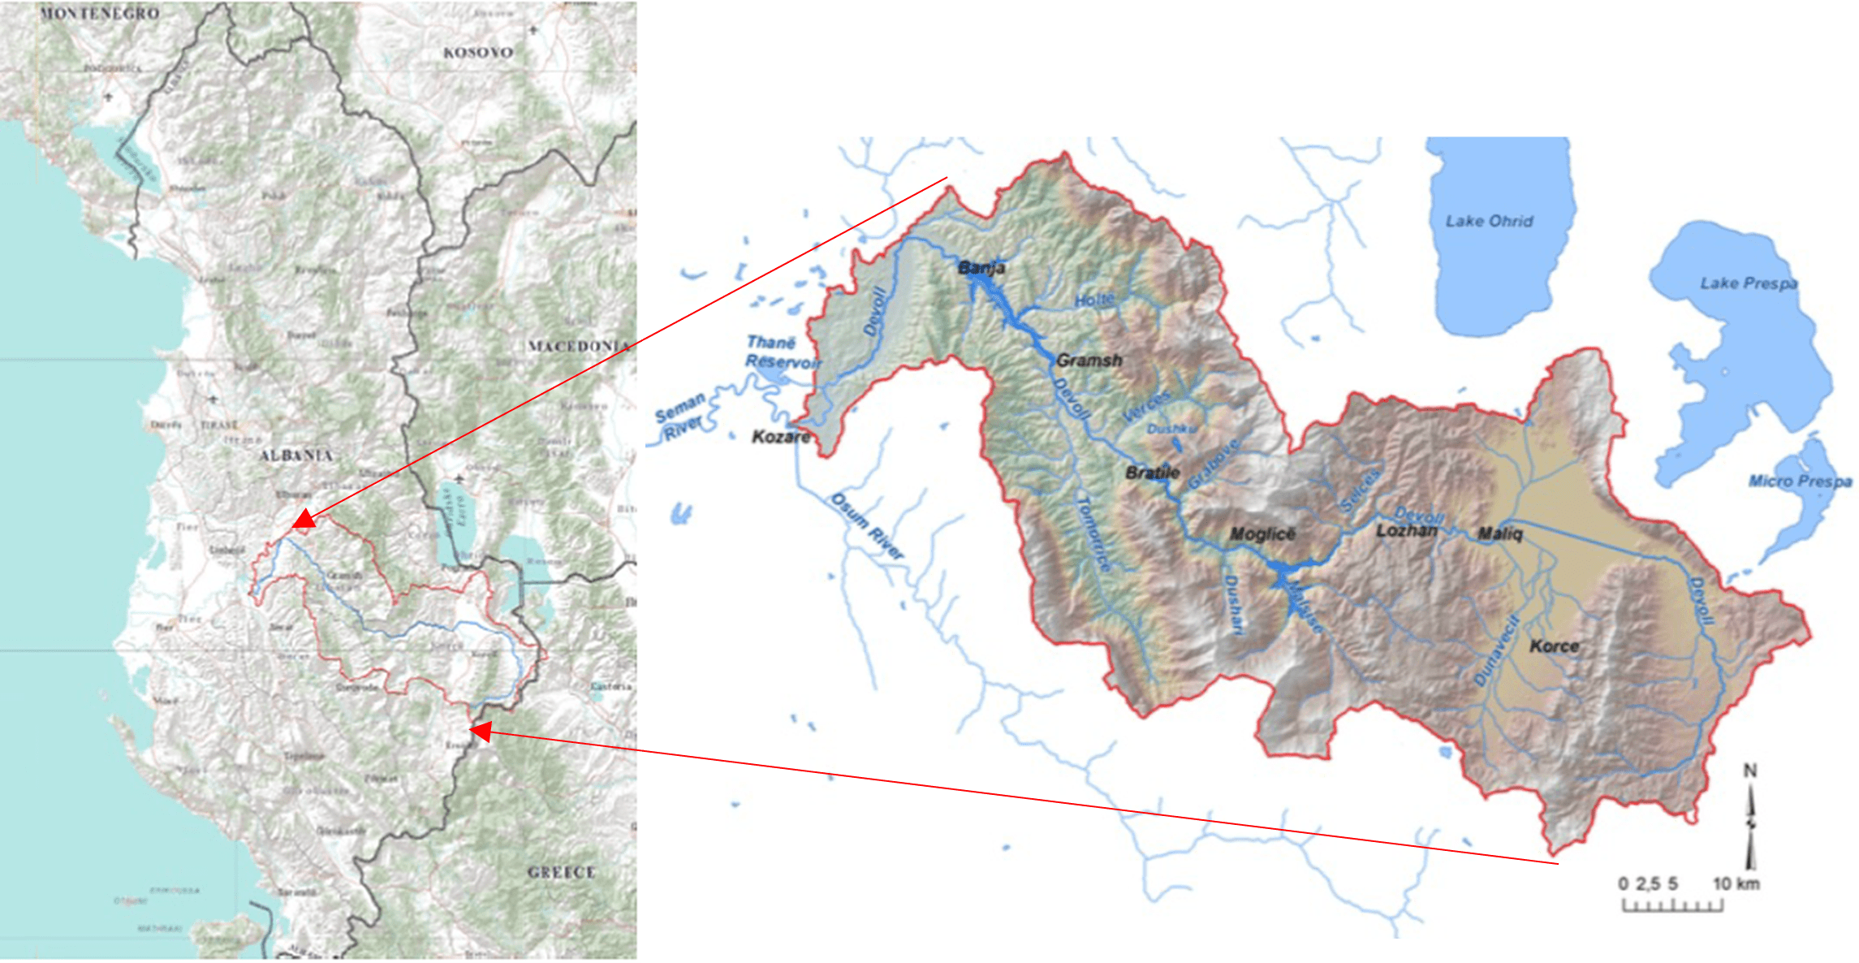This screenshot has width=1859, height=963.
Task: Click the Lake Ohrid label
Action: (x=1489, y=221)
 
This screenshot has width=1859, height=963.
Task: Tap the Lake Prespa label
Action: (x=1749, y=283)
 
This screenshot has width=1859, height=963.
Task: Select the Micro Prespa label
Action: (x=1800, y=481)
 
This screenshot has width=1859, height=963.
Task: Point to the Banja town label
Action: (x=981, y=268)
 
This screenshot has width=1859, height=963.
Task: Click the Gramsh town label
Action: (x=1089, y=360)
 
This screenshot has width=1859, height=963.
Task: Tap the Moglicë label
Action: (x=1262, y=534)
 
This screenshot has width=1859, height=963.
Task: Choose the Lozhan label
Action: (x=1407, y=531)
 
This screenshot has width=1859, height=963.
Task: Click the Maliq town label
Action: (x=1500, y=533)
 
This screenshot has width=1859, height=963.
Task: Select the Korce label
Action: (x=1554, y=646)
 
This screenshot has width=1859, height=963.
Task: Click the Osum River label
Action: (x=866, y=526)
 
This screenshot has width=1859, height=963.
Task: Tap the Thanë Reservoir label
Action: (x=782, y=352)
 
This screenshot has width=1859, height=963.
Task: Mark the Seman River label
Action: (x=681, y=416)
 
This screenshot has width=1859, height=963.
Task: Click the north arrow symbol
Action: (x=1750, y=816)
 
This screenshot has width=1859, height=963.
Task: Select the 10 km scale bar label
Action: (x=1736, y=883)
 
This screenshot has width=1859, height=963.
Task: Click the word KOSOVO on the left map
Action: (x=478, y=53)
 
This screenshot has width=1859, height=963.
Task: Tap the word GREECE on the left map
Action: (x=561, y=873)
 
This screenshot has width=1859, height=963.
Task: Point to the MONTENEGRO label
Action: (x=99, y=14)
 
